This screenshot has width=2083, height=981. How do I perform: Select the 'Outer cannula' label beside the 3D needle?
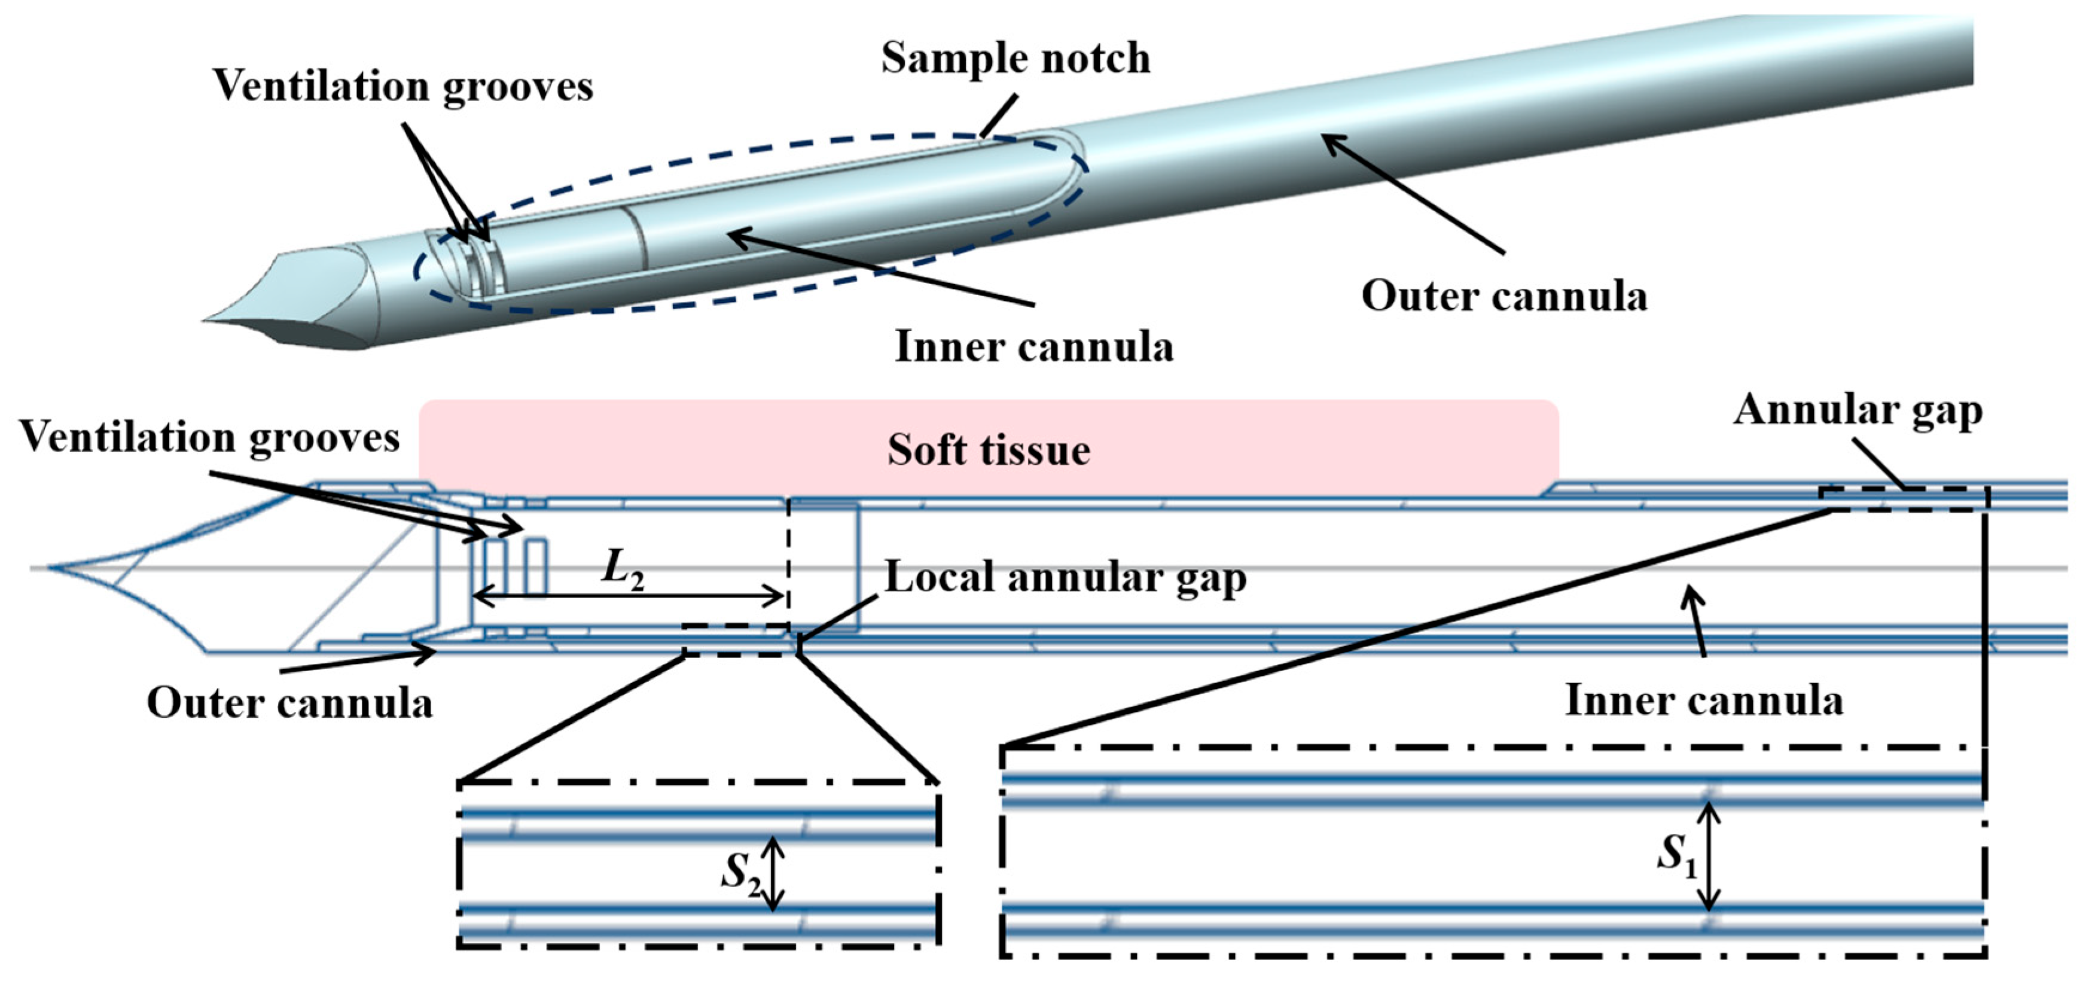[1503, 296]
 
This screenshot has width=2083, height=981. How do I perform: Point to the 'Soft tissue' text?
[988, 450]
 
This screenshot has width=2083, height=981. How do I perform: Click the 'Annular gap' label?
[1858, 411]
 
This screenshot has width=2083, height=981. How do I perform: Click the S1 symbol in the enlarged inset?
[1676, 855]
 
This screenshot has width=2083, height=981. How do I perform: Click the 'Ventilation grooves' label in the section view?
[209, 437]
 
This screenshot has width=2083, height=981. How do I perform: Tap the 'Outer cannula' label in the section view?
[289, 703]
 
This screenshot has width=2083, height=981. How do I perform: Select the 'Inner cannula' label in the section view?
[1704, 700]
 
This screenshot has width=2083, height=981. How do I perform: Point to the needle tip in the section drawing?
[50, 568]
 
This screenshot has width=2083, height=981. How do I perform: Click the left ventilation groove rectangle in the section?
[495, 568]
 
